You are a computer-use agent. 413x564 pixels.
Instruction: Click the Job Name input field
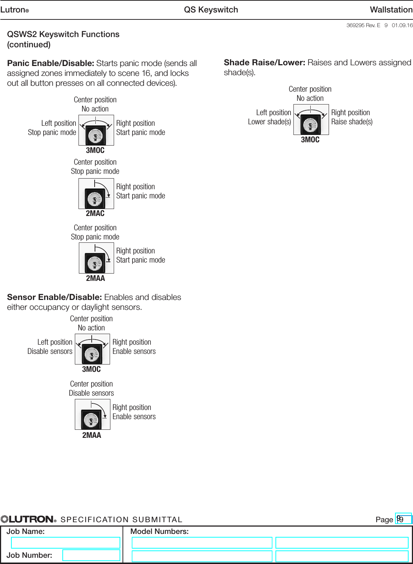click(x=65, y=542)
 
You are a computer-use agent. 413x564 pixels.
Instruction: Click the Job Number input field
click(x=91, y=555)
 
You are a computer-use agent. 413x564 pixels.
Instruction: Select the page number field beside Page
click(x=403, y=519)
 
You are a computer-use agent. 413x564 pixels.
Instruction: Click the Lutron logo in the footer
click(x=29, y=519)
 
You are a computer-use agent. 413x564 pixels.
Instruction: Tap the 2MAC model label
click(x=95, y=213)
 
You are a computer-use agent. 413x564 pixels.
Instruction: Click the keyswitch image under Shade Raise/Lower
click(x=311, y=120)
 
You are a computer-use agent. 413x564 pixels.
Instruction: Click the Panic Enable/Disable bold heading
click(x=51, y=63)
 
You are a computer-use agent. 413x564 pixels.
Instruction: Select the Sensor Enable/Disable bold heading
click(x=54, y=297)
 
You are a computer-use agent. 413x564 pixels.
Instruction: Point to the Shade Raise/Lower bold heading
click(x=264, y=62)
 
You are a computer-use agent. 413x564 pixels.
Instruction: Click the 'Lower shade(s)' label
click(x=269, y=122)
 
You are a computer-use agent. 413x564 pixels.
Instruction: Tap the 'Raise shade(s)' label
click(x=352, y=122)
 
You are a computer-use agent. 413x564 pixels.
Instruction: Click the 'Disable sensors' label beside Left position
click(x=50, y=351)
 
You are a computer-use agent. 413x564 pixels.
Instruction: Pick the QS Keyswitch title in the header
click(x=211, y=10)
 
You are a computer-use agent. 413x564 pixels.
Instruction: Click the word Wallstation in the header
click(x=391, y=10)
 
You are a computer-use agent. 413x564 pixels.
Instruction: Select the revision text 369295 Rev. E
click(x=363, y=25)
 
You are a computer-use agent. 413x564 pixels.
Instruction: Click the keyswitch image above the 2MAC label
click(x=96, y=194)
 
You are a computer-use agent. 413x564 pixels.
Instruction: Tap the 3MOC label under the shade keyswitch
click(x=310, y=140)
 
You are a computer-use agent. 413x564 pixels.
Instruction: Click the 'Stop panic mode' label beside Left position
click(x=52, y=132)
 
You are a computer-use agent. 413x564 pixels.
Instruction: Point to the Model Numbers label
click(x=160, y=531)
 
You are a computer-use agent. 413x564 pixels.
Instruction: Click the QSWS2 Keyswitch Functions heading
click(x=63, y=34)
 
